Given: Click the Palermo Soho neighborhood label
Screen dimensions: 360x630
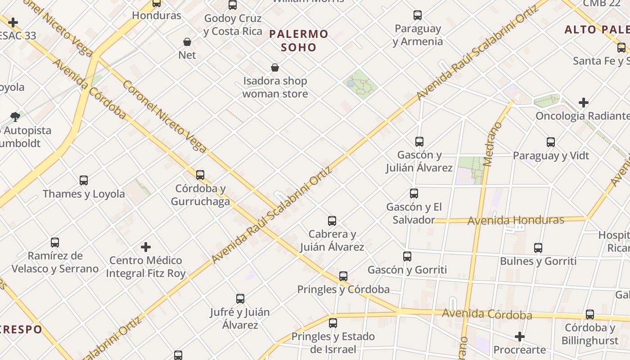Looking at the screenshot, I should (298, 40).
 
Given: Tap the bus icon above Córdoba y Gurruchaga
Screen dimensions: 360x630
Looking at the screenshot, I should (200, 175).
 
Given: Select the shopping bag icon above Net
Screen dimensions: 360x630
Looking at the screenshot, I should (187, 42).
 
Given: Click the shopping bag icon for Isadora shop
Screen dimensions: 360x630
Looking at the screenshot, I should (275, 67).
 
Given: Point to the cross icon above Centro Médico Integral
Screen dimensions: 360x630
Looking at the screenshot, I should (146, 247).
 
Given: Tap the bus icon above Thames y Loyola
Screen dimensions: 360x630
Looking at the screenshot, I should (84, 180).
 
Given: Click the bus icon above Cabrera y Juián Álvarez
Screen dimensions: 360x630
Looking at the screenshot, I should (332, 221).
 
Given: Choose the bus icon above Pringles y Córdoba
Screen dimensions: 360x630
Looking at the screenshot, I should (343, 276).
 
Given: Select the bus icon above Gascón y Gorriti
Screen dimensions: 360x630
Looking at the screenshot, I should (407, 256).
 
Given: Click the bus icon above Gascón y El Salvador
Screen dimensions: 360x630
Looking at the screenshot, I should (414, 193).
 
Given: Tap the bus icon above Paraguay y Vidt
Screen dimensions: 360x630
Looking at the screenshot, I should (551, 142).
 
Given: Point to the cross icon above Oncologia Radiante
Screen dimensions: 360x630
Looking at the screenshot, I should (584, 103).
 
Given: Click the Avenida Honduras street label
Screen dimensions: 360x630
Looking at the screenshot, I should (516, 220).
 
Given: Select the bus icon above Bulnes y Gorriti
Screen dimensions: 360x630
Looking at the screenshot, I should (538, 247).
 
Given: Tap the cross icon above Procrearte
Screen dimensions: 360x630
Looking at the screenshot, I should (520, 337).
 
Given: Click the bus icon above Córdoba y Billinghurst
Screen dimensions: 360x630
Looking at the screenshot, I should (590, 315).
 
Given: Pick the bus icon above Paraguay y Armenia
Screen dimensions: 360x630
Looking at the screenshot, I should (418, 15).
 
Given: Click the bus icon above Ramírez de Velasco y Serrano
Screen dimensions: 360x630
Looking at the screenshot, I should (55, 243).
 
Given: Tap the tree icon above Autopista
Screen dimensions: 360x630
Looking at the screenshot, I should (15, 117).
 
